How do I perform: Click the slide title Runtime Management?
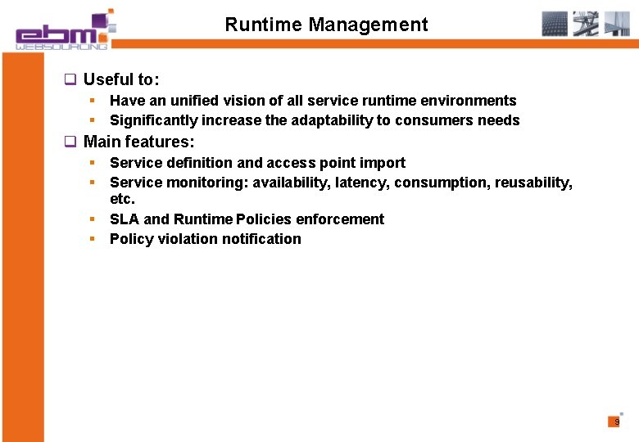click(326, 25)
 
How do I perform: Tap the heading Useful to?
click(121, 79)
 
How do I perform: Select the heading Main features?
click(138, 142)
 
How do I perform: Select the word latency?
click(360, 183)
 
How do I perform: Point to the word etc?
click(122, 199)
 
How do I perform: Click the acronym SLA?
click(125, 219)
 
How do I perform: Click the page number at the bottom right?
click(617, 422)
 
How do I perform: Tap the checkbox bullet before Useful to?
click(70, 80)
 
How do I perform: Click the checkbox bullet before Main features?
click(70, 142)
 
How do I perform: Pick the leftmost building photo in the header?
click(555, 24)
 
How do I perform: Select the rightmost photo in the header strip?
click(616, 24)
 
